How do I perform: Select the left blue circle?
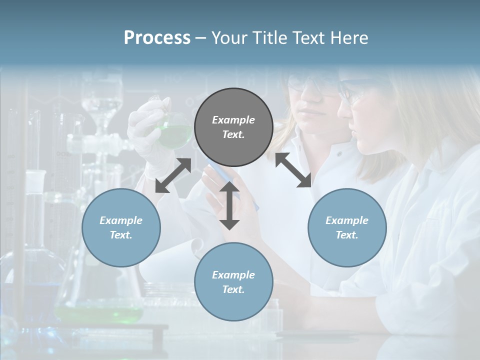121,227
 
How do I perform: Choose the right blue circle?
347,227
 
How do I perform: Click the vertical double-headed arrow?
229,205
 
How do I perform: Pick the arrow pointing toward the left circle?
173,175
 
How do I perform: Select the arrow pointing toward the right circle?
293,170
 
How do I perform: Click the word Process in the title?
157,37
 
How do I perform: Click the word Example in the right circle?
347,220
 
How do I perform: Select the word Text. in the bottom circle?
233,289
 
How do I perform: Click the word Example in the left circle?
121,220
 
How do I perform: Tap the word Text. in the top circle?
233,134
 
